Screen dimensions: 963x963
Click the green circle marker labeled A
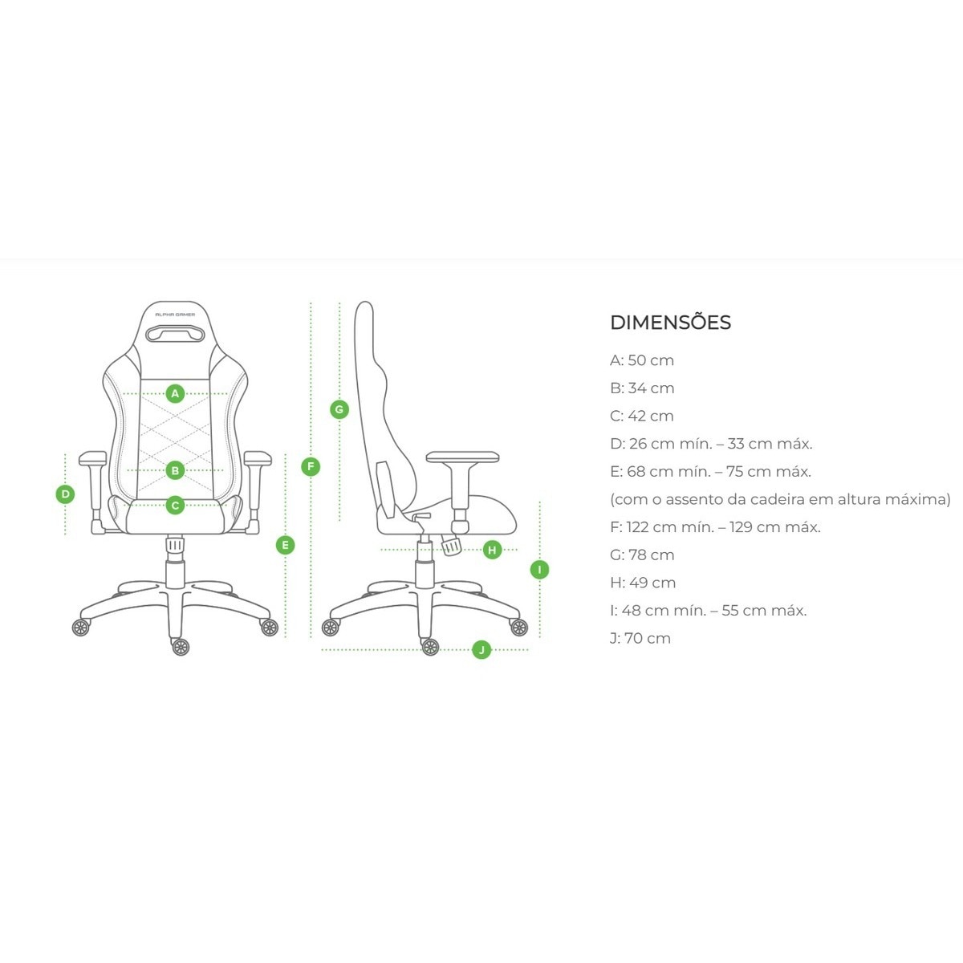click(175, 394)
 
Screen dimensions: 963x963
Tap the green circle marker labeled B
click(175, 470)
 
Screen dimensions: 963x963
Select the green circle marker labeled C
click(175, 506)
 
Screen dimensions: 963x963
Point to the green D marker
click(65, 494)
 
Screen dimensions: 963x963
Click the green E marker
click(286, 545)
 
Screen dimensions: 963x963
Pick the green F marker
click(311, 467)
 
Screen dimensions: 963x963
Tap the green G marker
click(339, 410)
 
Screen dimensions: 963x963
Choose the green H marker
click(492, 550)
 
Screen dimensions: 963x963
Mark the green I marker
click(539, 570)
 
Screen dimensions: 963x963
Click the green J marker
click(481, 650)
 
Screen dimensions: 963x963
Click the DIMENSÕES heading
click(671, 322)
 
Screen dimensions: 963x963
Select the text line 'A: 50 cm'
click(642, 360)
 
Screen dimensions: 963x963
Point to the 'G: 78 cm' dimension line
click(642, 555)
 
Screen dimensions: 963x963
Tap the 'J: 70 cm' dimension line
click(640, 638)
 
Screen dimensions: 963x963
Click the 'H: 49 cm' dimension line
click(643, 583)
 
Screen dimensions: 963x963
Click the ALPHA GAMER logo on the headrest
click(175, 315)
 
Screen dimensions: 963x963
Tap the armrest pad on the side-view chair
click(463, 457)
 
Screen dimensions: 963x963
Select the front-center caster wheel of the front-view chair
click(181, 647)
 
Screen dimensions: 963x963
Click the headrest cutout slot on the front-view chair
click(175, 333)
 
